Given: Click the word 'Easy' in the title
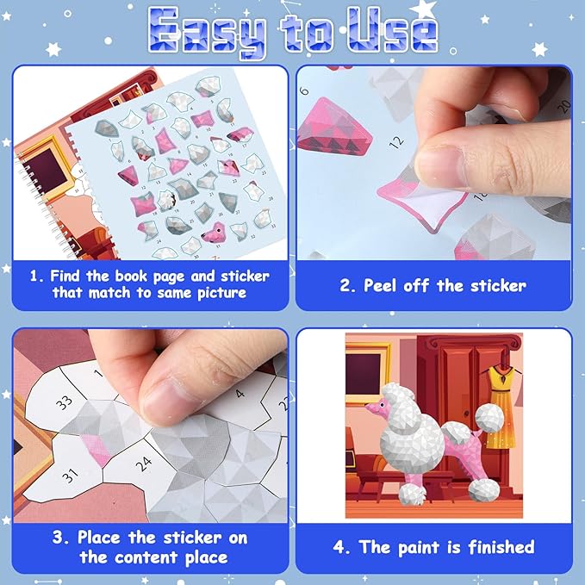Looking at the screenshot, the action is coord(207,32).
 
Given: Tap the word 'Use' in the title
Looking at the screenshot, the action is coord(393,30).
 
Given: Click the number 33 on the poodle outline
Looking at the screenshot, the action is coord(64,402).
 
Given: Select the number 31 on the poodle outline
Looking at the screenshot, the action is coord(70,476).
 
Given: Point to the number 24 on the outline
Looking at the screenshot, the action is coord(144,464).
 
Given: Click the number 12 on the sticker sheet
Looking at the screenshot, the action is coord(396,142).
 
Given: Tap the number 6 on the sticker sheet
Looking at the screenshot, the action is coord(304,90).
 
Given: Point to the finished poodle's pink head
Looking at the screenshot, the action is coord(377,406).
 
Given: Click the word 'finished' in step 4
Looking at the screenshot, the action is coord(501,547).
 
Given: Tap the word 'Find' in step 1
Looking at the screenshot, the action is coord(65,276).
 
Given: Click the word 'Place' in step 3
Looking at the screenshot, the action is coord(99,538).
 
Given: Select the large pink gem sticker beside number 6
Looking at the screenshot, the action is coord(333,128).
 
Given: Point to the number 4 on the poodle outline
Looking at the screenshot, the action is coord(240,393).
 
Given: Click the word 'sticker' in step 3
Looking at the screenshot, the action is coord(193,538).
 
